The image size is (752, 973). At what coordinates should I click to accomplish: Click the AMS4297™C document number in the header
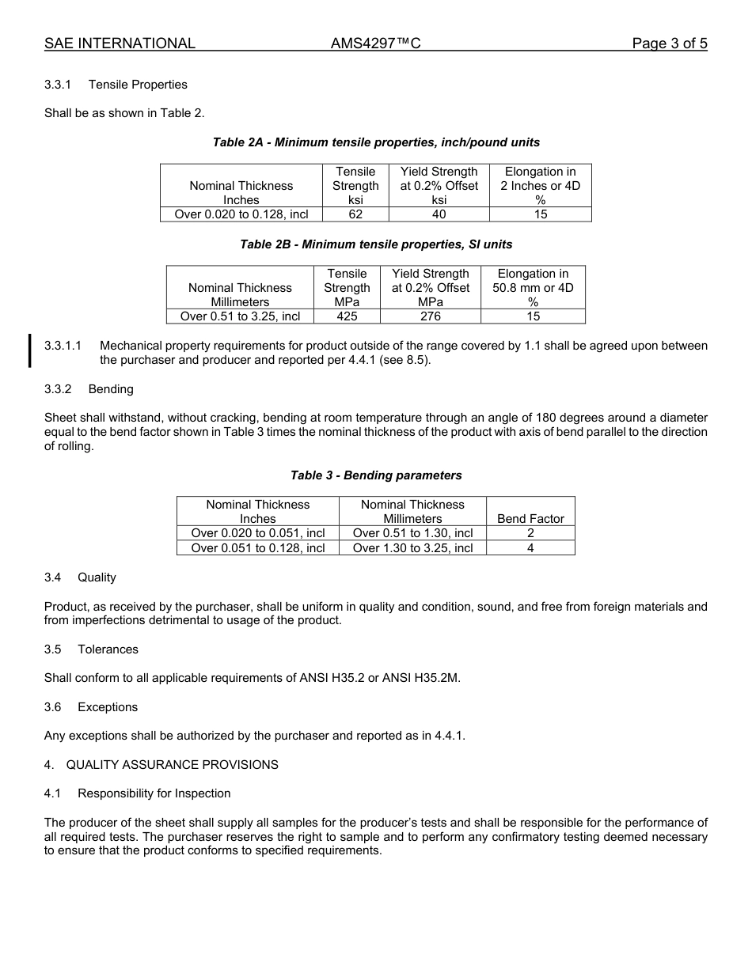pos(375,44)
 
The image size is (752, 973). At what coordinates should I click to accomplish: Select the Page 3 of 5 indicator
pos(669,44)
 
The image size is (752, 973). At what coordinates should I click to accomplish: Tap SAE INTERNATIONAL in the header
pos(120,44)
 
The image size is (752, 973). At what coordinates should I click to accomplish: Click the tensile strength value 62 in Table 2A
pos(355,214)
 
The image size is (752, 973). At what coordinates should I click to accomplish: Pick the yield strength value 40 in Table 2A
pos(439,214)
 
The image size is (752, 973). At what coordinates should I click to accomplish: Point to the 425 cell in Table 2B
pos(347,316)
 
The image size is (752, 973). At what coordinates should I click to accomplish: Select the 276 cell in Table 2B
pos(430,316)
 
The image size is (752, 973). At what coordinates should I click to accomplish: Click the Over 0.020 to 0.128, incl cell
pos(241,214)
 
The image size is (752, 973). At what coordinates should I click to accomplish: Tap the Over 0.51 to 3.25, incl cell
pos(240,316)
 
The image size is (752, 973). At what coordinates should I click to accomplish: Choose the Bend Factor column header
pos(530,519)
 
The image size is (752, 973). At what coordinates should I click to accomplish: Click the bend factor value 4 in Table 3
pos(530,547)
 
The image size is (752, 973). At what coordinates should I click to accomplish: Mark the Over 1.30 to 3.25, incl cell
pos(412,547)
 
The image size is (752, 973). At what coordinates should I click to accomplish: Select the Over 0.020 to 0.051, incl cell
pos(258,533)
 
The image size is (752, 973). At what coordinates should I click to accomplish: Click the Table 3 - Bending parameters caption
pos(376,475)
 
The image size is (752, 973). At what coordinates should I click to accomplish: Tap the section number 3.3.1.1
pos(63,346)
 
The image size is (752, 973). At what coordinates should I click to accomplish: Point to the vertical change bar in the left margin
pos(30,351)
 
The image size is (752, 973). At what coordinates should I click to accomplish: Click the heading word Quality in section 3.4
pos(97,577)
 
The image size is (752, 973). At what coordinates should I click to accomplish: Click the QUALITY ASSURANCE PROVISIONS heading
pos(172,765)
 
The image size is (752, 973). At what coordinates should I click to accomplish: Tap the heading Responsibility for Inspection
pos(154,793)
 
